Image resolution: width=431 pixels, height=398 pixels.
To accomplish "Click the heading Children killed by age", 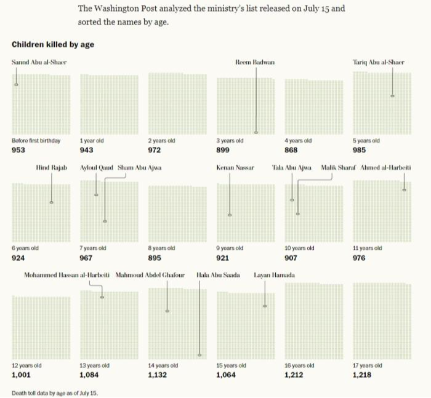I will [52, 45].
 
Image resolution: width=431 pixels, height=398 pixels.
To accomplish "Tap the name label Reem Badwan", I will [255, 62].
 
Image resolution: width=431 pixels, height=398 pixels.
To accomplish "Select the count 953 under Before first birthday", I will [20, 149].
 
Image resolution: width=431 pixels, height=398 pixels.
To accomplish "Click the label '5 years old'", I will [366, 141].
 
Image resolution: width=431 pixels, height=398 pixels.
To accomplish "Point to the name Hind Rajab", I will [51, 167].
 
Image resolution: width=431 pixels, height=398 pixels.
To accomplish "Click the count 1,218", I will [363, 374].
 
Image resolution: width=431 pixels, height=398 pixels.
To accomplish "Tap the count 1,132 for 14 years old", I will [158, 374].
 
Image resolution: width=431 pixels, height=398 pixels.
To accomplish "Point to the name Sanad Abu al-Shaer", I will [39, 62].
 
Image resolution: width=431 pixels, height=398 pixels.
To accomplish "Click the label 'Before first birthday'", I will [36, 141].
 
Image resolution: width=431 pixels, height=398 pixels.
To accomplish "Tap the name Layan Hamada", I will [274, 275].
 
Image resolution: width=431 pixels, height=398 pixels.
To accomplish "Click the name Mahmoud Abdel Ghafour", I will [150, 275].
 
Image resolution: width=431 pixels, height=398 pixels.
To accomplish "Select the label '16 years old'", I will [299, 365].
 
